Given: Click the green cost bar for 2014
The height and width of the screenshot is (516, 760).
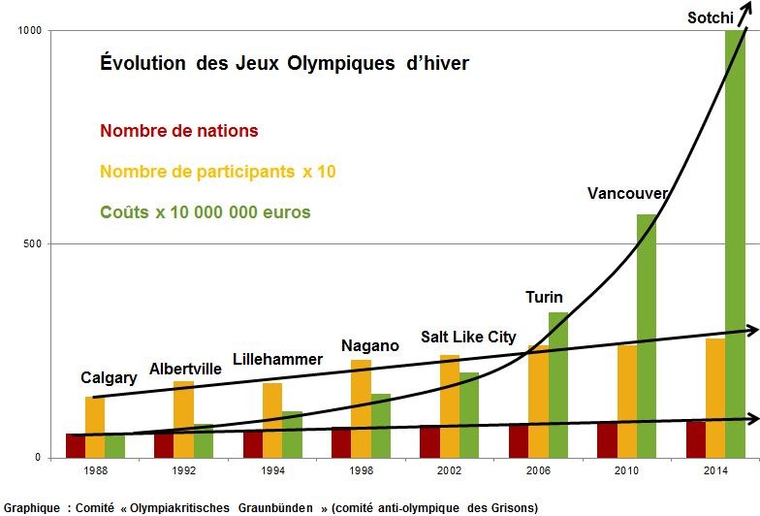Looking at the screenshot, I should (736, 242).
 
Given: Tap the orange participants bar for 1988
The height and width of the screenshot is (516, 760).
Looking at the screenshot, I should (95, 427).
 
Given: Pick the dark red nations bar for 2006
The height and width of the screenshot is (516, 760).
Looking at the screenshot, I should (519, 440).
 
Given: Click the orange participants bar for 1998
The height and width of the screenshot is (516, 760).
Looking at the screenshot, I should (361, 407).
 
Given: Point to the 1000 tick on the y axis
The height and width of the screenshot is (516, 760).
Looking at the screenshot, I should (29, 31).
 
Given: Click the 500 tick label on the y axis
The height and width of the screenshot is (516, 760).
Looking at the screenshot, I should (32, 243).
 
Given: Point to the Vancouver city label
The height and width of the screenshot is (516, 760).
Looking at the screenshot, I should (627, 193).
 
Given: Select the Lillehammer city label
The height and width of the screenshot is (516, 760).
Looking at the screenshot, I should (277, 359).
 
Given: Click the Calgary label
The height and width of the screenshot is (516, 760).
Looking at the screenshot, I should (109, 377).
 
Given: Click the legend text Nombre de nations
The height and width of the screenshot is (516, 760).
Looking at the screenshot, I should (179, 130).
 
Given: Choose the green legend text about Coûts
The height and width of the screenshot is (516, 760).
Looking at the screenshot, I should (206, 211).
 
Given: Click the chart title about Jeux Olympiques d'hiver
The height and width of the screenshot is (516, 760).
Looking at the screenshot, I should (285, 63).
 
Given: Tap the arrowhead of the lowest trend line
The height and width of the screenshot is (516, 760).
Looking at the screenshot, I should (752, 418).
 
